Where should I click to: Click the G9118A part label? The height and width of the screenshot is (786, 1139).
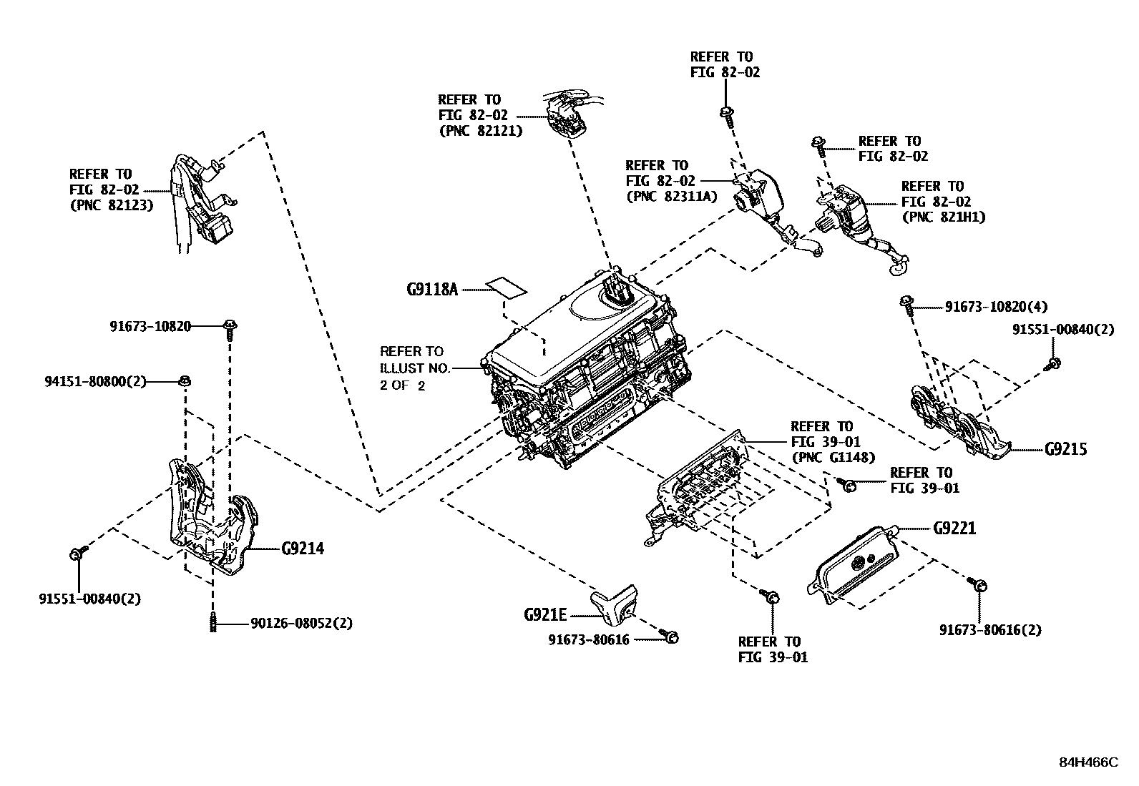point(431,290)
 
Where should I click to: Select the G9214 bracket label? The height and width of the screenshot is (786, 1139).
point(302,549)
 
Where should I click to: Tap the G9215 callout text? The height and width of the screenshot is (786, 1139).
point(1065,449)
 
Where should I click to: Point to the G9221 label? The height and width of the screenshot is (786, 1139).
point(954,529)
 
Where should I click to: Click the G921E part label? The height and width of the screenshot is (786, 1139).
point(544,614)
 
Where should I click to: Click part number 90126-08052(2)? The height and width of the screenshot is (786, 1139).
point(301,624)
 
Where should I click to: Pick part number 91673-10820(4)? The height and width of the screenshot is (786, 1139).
point(996,307)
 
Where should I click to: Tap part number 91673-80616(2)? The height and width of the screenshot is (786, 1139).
point(990,630)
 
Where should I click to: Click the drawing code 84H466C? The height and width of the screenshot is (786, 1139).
point(1087,762)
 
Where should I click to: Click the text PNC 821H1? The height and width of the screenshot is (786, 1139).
point(944,217)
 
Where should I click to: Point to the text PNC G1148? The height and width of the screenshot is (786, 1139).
point(833,458)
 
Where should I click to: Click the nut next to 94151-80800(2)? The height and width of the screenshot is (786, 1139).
point(184,380)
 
